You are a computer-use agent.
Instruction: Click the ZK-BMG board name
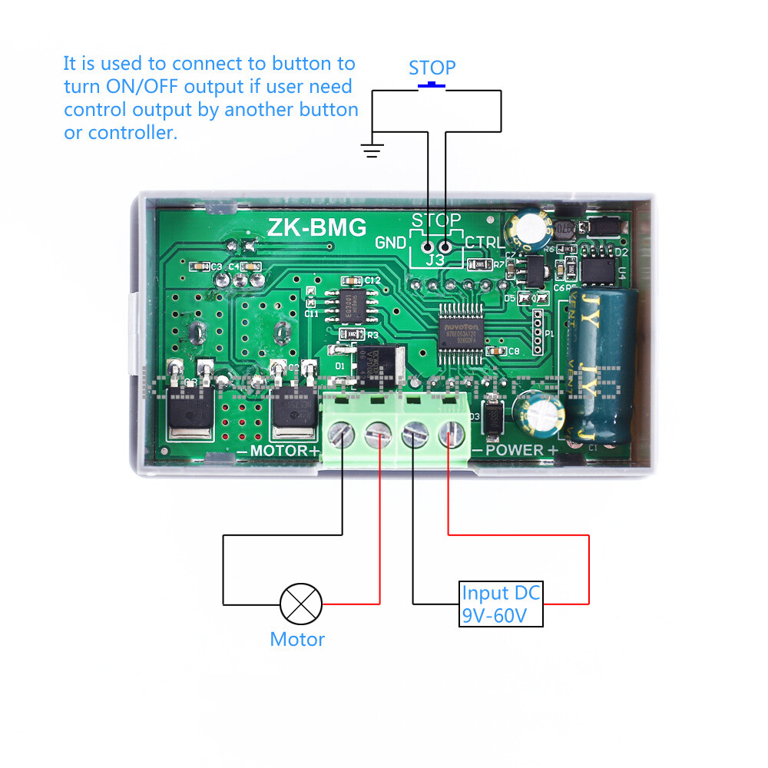pos(316,227)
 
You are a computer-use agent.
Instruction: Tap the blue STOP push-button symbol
pos(432,85)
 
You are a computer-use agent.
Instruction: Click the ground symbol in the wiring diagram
pos(372,150)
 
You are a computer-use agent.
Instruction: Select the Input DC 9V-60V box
pos(501,604)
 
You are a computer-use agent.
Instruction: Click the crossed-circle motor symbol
pos(301,604)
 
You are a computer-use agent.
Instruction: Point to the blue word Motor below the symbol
pos(297,639)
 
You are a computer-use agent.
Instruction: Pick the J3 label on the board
pos(435,260)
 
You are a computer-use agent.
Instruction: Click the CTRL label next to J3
pos(485,243)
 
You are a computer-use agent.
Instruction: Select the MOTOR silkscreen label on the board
pos(284,450)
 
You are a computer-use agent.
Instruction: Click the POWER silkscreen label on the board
pos(515,449)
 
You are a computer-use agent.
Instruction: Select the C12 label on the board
pos(372,280)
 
